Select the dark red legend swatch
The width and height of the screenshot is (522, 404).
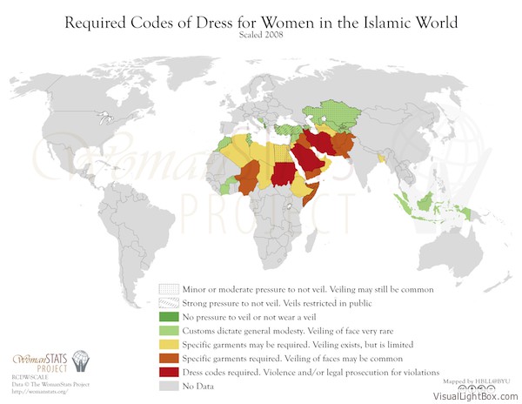[169, 372]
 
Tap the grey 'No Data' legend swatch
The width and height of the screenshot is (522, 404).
[169, 386]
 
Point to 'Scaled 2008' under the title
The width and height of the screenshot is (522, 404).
[260, 34]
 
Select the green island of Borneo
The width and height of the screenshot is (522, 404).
[425, 202]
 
